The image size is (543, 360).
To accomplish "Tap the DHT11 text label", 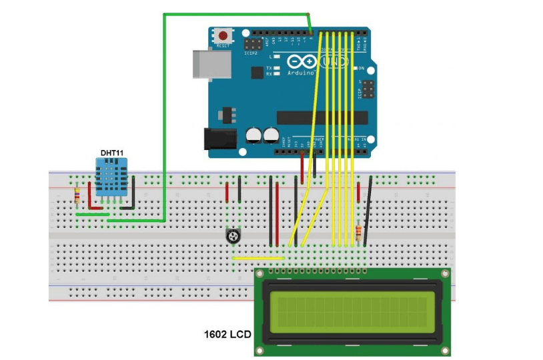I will pos(112,153).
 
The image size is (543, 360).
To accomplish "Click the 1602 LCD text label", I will pos(227,333).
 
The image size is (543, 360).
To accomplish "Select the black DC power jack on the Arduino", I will pos(221,138).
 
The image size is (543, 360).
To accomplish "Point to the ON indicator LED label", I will pos(362,69).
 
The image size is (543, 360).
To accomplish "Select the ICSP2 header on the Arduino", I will pos(253,44).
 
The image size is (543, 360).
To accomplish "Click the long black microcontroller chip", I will pos(322,117).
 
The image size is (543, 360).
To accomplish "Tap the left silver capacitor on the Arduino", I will pos(254,135).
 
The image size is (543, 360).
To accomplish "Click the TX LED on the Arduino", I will pos(276,68).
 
